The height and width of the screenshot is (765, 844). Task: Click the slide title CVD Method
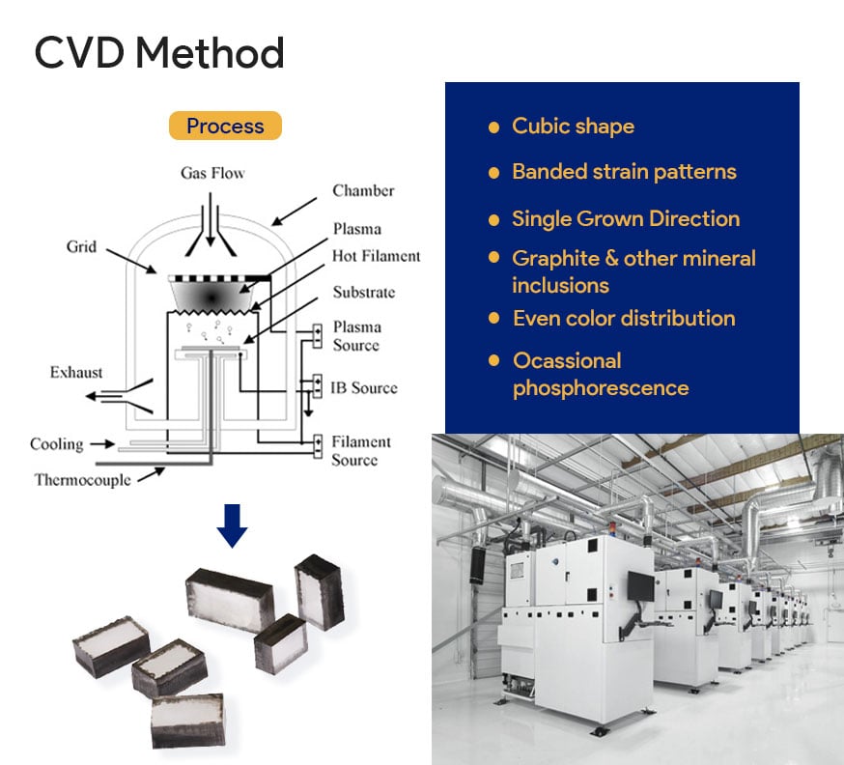pos(159,52)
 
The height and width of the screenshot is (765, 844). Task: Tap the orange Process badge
pos(225,126)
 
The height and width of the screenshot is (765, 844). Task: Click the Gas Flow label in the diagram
pos(212,174)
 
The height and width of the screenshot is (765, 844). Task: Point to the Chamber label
pos(363,190)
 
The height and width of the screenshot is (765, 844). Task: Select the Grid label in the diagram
pos(81,246)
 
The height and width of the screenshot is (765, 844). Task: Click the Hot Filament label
pos(376,256)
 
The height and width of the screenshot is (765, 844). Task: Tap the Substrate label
pos(363,292)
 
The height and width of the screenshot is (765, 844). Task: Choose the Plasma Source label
pos(356,336)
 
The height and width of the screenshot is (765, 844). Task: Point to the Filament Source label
pos(360,451)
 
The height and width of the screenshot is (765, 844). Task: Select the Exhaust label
pos(76,372)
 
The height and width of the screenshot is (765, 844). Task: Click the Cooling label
pos(56,444)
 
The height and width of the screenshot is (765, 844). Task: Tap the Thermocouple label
pos(82,479)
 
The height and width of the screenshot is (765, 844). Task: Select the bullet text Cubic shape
pos(573,127)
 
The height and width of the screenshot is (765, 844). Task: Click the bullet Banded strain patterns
pos(624,172)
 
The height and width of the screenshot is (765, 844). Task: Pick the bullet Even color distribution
pos(624,318)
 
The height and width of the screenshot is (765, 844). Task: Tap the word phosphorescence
pos(601,388)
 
